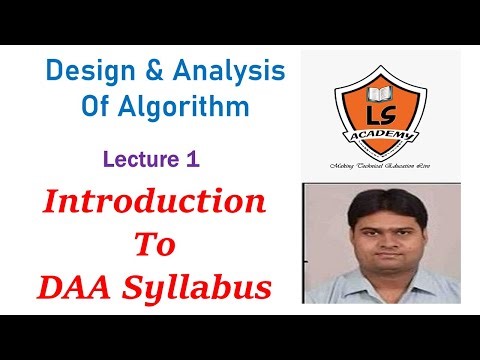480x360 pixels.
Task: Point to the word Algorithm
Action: [194, 107]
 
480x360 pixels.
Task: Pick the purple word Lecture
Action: [141, 157]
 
